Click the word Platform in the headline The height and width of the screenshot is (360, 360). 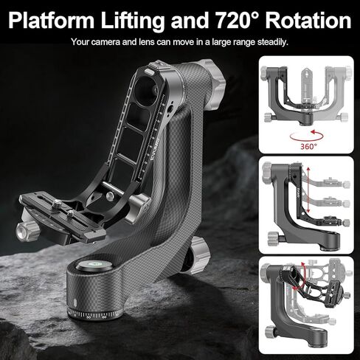pos(52,20)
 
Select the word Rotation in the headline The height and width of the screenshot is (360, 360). pos(308,20)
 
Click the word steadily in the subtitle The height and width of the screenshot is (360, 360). pos(273,42)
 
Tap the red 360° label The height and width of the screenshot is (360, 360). pos(308,147)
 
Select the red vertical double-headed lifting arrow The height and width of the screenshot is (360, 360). pos(308,190)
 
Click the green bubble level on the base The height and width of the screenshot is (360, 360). pos(94,266)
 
